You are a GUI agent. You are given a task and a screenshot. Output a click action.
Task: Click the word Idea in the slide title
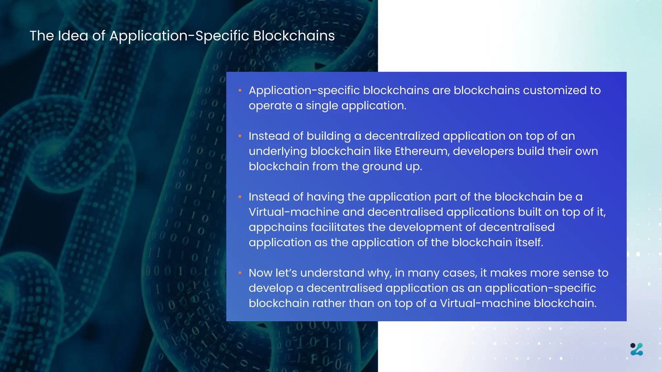coord(73,36)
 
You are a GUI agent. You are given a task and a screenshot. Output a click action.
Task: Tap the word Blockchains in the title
coord(294,36)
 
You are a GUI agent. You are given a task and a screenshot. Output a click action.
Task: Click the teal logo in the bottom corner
coord(636,349)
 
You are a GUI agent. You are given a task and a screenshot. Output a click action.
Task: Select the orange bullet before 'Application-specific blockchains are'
coord(240,91)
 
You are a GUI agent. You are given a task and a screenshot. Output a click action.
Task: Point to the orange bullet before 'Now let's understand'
coord(240,273)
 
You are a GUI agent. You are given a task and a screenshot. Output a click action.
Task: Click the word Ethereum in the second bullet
coord(422,151)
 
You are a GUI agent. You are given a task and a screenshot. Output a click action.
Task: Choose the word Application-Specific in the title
coord(179,36)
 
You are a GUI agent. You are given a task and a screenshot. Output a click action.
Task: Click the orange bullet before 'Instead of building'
coord(240,136)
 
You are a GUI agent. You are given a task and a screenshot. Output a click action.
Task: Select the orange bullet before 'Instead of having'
coord(240,197)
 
